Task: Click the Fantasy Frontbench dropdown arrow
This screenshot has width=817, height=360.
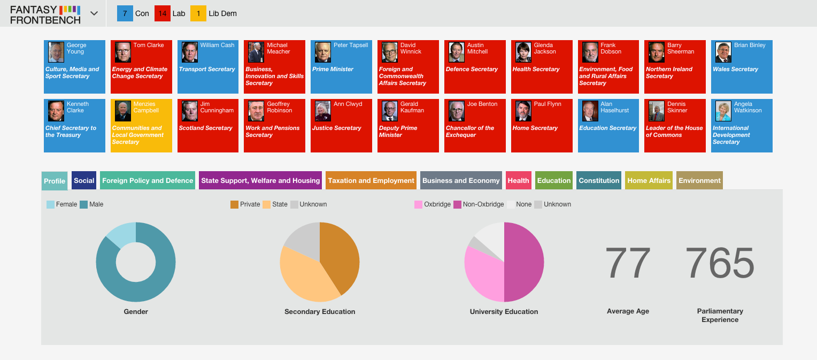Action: click(94, 13)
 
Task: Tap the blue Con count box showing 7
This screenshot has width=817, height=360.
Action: click(125, 13)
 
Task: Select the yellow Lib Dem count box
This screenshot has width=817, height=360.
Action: click(198, 13)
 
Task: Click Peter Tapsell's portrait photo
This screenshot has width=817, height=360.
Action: click(323, 52)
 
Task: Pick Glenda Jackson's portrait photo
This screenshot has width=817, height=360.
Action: click(523, 52)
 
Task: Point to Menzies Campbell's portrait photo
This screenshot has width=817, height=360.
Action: click(122, 111)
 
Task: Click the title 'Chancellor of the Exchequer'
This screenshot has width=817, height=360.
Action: click(470, 131)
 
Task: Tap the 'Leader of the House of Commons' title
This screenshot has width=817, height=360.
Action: click(674, 131)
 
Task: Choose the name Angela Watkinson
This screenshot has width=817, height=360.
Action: click(747, 107)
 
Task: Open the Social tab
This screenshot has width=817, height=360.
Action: click(84, 180)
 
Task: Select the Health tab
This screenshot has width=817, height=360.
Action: click(518, 180)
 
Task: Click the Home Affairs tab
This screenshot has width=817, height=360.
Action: click(649, 180)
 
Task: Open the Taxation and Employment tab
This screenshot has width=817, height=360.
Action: click(371, 180)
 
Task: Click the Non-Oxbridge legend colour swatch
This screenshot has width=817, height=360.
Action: click(457, 205)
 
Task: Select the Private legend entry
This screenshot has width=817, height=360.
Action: click(245, 205)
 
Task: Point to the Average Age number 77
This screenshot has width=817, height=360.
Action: click(627, 262)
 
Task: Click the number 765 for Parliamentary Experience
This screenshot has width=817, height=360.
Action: click(720, 262)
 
